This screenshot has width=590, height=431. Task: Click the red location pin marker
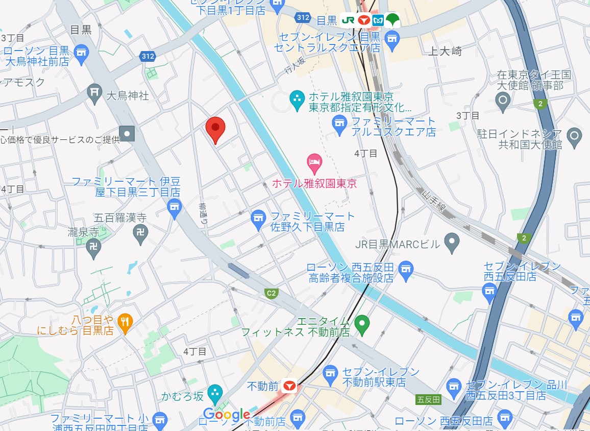[215, 129]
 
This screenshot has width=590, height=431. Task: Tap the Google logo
[227, 414]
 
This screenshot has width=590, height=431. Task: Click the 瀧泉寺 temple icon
[94, 248]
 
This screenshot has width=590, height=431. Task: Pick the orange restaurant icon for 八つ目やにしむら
[125, 322]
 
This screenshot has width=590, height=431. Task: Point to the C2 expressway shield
[272, 293]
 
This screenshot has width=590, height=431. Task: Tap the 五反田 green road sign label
[429, 399]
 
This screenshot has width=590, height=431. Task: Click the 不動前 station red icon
[290, 386]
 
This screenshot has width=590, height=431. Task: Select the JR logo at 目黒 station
[349, 20]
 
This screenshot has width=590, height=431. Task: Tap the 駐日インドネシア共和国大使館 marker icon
[575, 136]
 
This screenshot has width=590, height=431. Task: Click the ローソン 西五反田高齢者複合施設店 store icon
[406, 270]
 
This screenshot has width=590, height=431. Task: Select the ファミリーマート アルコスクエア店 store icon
[339, 124]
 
